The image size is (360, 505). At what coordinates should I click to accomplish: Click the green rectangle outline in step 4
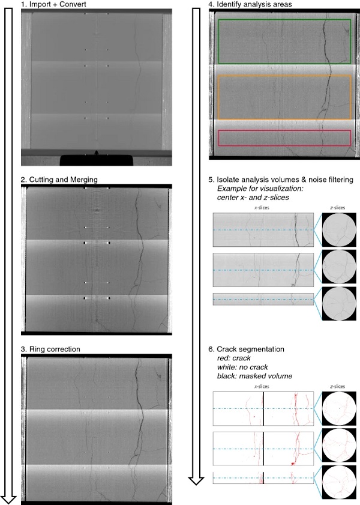[x=284, y=20]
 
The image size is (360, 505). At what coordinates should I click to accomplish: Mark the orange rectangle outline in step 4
[x=284, y=76]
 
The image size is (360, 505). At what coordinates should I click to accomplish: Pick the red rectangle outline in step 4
[x=284, y=131]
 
